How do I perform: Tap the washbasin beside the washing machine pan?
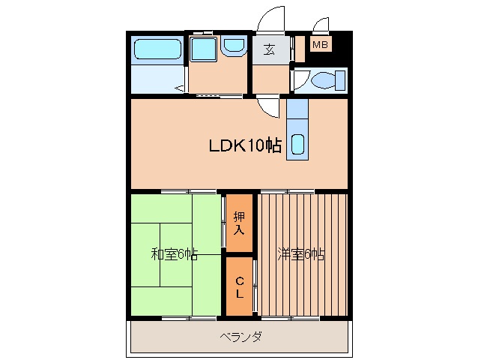pos(233,47)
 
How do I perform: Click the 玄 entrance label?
pos(267,50)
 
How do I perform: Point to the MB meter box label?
pos(320,46)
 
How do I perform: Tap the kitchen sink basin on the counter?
pos(297,143)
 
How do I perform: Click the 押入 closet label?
pos(239,223)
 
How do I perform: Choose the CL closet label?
pos(239,287)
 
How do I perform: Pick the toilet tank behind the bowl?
pos(341,80)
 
